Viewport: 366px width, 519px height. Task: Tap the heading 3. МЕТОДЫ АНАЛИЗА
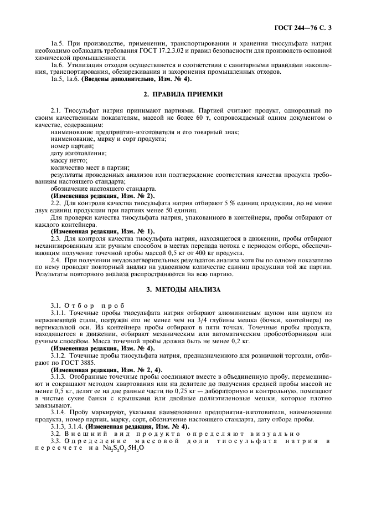(183, 289)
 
